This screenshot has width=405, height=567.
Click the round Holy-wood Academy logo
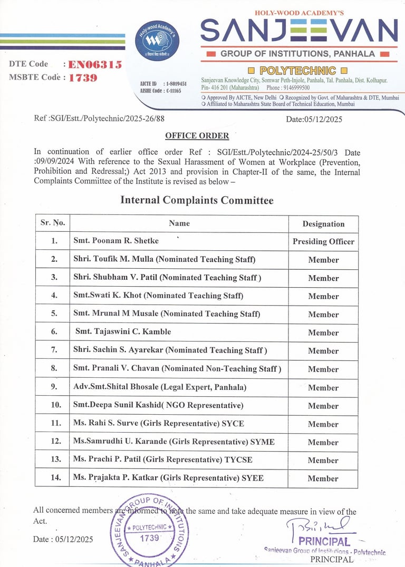coord(157,40)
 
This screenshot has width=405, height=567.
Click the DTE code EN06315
coord(95,65)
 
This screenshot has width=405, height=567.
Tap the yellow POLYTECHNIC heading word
coord(298,70)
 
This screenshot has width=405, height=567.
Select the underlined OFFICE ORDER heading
coord(197,136)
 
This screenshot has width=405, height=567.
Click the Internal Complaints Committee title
coord(197,200)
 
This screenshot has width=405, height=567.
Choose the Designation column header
coord(323,224)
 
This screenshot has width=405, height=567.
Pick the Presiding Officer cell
coord(323,242)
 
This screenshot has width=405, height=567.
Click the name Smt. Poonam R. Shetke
coord(116,241)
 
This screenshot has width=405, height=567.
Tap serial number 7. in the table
coord(54,350)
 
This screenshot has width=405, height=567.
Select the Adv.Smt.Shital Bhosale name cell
coord(160,387)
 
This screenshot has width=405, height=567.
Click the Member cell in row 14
coord(323,478)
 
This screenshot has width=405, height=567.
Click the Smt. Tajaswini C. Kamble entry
coord(123,332)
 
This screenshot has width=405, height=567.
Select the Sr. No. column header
coord(53,223)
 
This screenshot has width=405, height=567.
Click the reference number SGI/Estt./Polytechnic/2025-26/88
coord(99,119)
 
